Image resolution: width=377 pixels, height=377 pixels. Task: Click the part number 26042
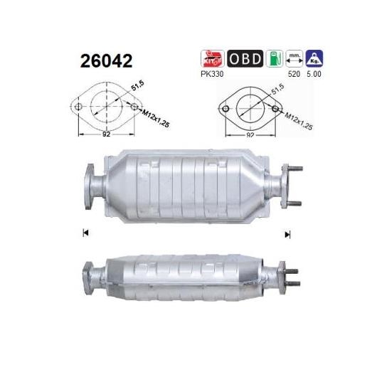point(106,60)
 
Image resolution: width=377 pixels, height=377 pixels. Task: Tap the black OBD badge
point(245,58)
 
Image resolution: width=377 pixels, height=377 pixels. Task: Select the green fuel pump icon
point(275,58)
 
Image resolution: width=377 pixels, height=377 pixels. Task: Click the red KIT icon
point(212,58)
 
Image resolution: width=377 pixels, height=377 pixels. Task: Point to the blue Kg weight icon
point(314,58)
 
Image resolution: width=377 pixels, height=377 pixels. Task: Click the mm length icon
point(294,58)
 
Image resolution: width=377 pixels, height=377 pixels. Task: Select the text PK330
point(212,74)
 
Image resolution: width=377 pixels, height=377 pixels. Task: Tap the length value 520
point(294,74)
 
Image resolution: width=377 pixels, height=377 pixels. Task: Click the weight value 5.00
point(314,74)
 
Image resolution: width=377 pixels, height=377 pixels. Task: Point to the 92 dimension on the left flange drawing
point(106,134)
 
